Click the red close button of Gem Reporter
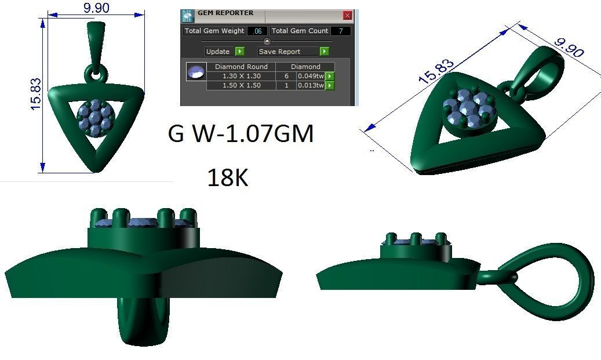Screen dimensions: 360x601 coord(347,16)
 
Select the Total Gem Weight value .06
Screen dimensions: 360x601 coord(257,31)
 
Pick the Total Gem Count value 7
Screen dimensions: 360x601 coord(340,31)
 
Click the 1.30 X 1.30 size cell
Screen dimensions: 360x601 coord(241,76)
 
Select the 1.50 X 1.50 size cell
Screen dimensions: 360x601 coord(241,85)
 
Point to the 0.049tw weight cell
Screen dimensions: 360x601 coord(310,76)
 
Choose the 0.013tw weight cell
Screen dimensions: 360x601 coord(310,85)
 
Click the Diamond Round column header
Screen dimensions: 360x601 coord(241,67)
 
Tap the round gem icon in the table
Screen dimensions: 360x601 coord(196,72)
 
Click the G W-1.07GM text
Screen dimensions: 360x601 coord(241,134)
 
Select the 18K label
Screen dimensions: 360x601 coord(227,179)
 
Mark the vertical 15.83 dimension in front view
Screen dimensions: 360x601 coord(36,94)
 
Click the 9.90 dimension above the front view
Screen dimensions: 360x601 coord(96,8)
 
